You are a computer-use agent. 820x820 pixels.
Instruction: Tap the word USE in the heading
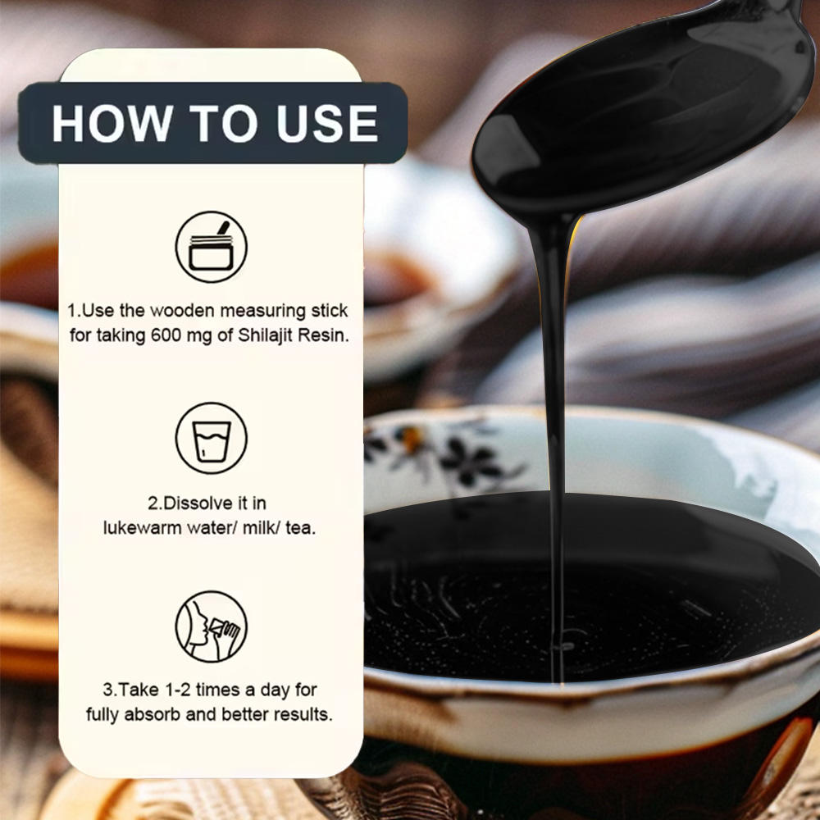327,124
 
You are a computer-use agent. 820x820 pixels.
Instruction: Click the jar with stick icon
212,247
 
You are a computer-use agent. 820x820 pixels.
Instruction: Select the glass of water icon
212,438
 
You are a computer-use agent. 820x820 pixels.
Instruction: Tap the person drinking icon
212,626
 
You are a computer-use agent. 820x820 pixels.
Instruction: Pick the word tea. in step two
301,528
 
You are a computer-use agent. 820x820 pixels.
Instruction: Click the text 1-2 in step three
178,690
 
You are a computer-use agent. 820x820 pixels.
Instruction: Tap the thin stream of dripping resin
555,444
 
